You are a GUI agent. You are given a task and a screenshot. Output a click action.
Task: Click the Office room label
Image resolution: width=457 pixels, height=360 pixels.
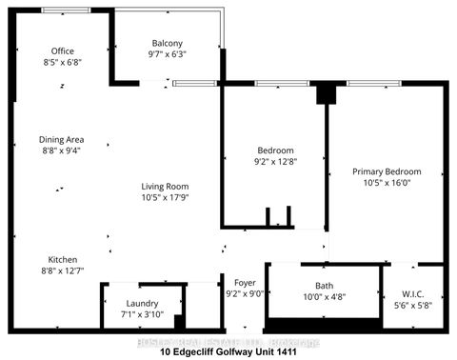tap(63, 51)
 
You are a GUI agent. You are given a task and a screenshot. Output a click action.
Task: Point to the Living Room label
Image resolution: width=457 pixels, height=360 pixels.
tap(165, 187)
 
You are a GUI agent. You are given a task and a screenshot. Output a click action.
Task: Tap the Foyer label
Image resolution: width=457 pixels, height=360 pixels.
tap(246, 282)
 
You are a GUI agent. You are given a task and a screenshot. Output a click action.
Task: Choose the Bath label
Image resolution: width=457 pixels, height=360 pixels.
tap(325, 285)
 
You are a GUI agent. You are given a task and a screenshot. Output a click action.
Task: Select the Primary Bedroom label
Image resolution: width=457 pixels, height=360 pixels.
tap(387, 172)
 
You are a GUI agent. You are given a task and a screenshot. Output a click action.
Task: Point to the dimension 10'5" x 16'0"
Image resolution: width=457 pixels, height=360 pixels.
tap(387, 184)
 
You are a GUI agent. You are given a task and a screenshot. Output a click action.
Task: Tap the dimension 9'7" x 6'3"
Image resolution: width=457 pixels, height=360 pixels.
tap(168, 55)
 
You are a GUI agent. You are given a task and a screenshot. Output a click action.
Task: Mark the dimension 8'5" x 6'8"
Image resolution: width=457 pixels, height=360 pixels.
tap(63, 63)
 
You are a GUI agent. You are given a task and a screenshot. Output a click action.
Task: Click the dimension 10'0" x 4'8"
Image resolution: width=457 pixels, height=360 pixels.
tap(325, 296)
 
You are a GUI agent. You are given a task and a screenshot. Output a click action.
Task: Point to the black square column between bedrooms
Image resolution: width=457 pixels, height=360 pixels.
tap(325, 92)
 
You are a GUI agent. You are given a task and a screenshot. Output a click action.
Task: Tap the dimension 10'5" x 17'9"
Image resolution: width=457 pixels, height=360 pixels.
tap(165, 198)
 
